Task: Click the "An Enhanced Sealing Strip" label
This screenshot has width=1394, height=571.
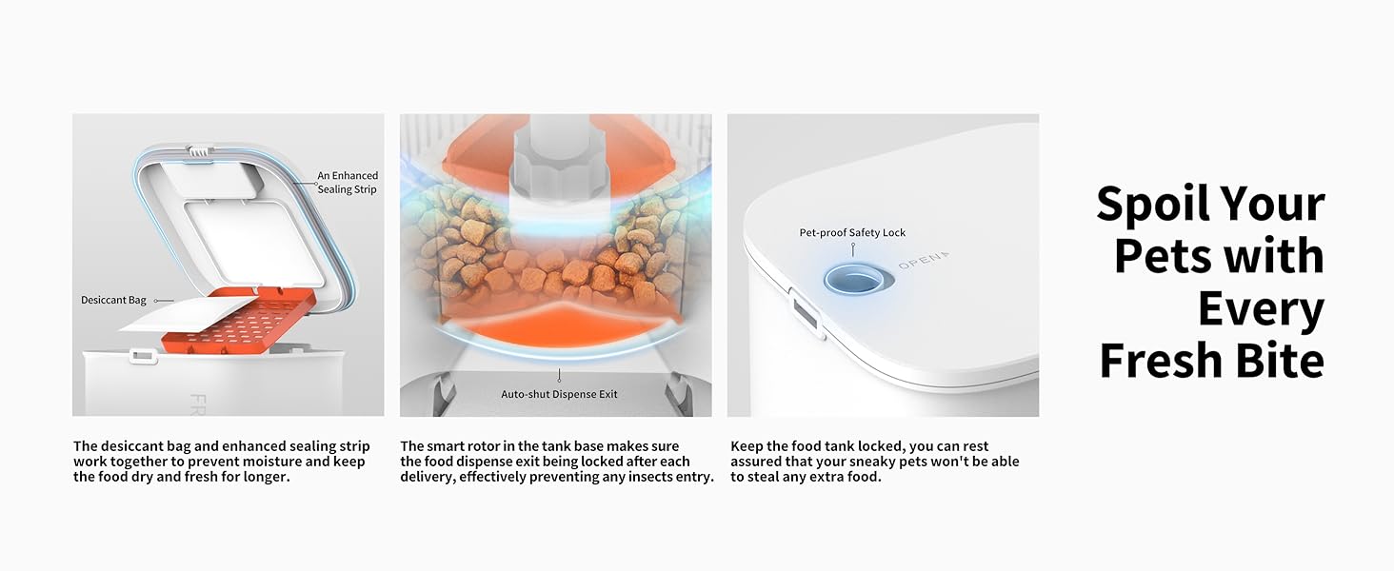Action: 348,183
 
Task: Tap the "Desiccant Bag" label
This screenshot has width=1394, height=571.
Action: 113,300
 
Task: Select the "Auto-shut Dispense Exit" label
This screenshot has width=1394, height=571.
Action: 559,394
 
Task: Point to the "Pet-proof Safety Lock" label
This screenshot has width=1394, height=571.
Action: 852,232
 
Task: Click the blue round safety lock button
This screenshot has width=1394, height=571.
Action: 859,280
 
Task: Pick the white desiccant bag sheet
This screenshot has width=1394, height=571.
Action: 187,314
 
